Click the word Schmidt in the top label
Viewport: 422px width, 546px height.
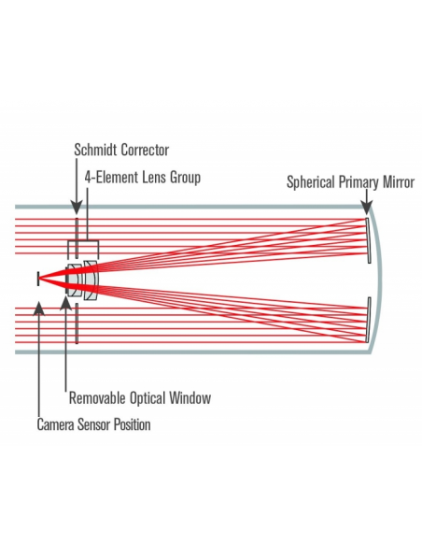[x=96, y=150]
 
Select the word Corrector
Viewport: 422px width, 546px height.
[x=145, y=151]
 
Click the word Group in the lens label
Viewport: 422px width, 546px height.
[x=185, y=178]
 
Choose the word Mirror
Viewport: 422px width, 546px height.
[x=399, y=181]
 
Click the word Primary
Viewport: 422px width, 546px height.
[x=359, y=182]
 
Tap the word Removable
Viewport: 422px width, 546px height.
[x=98, y=397]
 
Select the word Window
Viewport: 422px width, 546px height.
[x=190, y=397]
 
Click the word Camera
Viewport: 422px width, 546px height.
[x=56, y=424]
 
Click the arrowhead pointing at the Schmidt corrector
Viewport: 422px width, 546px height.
[x=77, y=208]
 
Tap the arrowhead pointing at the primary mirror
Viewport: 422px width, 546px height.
[x=366, y=208]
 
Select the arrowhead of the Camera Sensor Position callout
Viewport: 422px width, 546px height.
[x=39, y=309]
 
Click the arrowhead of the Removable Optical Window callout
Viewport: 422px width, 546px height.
[x=66, y=303]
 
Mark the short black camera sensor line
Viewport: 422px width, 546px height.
[x=38, y=279]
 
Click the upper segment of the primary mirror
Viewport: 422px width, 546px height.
[x=368, y=240]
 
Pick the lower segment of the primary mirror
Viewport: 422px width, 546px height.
[x=368, y=320]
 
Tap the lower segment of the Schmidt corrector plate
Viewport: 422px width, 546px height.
[x=77, y=323]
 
